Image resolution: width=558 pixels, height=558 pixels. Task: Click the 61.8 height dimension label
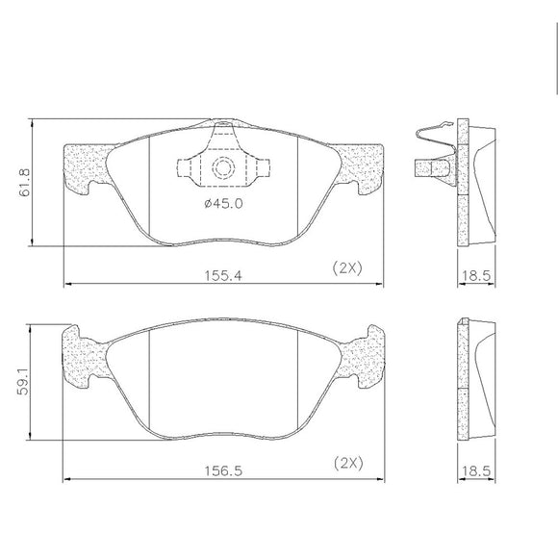tap(25, 183)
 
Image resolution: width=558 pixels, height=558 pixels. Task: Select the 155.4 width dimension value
tap(223, 275)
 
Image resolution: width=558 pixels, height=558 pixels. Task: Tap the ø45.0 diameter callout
tap(223, 204)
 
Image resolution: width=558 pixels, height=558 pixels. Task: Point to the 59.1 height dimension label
tap(23, 381)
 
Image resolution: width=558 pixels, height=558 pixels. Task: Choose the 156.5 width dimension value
tap(223, 471)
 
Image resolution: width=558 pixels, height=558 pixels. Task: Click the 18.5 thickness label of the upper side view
tap(476, 275)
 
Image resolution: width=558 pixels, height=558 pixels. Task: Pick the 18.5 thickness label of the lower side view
tap(476, 471)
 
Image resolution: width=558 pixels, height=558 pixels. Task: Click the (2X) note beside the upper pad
tap(347, 267)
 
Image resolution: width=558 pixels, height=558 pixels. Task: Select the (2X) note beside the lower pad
tap(348, 463)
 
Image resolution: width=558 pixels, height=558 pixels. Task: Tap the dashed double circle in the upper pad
tap(223, 167)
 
